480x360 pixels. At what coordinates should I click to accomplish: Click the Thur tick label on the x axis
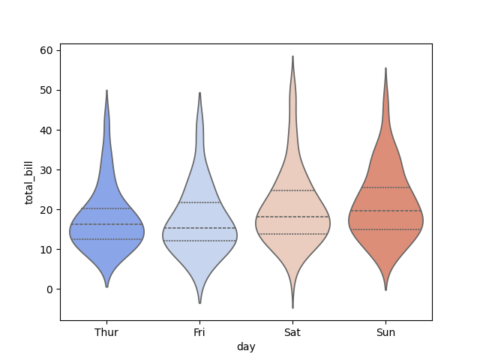pyautogui.click(x=106, y=332)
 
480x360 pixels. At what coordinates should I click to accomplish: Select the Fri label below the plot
pyautogui.click(x=199, y=332)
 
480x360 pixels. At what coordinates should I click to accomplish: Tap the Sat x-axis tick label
pyautogui.click(x=292, y=332)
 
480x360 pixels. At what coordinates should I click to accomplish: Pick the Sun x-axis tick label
pyautogui.click(x=385, y=332)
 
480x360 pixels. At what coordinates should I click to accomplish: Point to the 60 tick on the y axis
pyautogui.click(x=46, y=50)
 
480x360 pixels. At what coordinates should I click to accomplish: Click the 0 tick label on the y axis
pyautogui.click(x=49, y=289)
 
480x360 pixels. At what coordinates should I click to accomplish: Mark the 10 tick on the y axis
pyautogui.click(x=46, y=250)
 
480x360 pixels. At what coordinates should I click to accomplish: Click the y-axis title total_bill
pyautogui.click(x=30, y=181)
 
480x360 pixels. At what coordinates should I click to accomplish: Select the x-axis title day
pyautogui.click(x=246, y=346)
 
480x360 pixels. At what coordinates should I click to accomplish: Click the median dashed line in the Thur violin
pyautogui.click(x=106, y=224)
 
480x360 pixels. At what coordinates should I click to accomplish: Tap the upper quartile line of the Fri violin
pyautogui.click(x=199, y=202)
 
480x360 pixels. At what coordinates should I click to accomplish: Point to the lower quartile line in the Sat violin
pyautogui.click(x=292, y=234)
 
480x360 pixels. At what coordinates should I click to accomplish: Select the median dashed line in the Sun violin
pyautogui.click(x=385, y=211)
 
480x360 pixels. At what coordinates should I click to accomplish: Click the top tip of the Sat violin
pyautogui.click(x=292, y=56)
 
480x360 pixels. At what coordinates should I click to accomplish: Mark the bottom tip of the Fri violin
pyautogui.click(x=199, y=303)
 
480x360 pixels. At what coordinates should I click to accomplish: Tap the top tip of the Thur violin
pyautogui.click(x=106, y=91)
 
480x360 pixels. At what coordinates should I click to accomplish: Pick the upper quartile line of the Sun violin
pyautogui.click(x=385, y=187)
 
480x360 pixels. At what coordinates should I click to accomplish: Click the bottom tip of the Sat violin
pyautogui.click(x=292, y=307)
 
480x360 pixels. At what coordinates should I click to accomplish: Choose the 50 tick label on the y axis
pyautogui.click(x=46, y=90)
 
